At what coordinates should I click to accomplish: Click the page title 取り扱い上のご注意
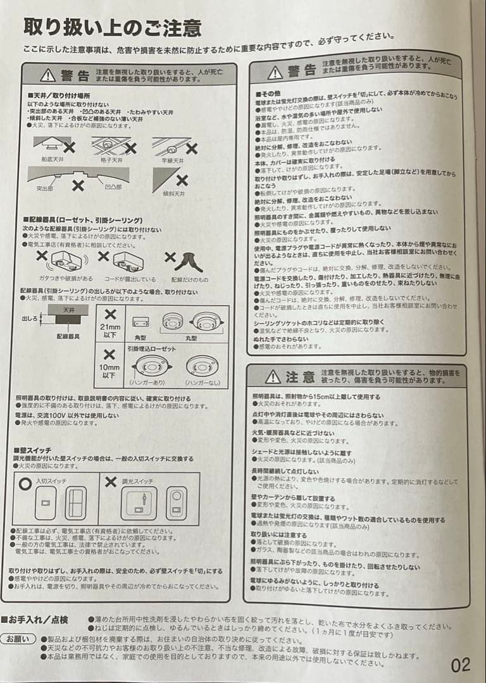point(112,27)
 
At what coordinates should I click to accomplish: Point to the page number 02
point(461,665)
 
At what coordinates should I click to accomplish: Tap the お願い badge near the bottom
point(18,639)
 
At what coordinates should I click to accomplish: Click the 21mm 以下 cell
point(109,328)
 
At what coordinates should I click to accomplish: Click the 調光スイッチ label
point(135,481)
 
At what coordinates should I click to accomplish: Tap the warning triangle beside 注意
point(273,377)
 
